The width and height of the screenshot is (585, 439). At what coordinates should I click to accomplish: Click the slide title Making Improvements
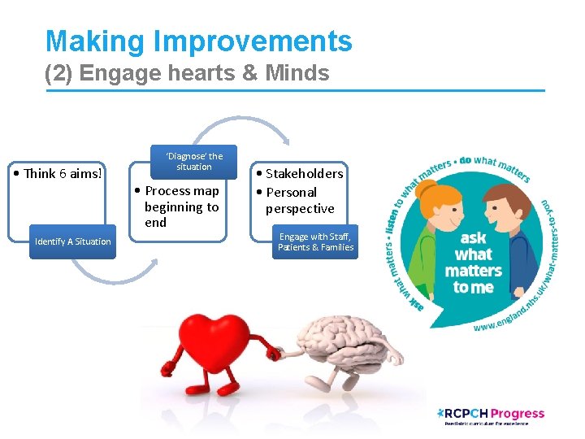pyautogui.click(x=198, y=41)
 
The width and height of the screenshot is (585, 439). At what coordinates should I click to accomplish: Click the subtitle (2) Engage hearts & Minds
pyautogui.click(x=187, y=74)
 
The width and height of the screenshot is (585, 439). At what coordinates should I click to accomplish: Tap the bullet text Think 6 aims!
pyautogui.click(x=63, y=173)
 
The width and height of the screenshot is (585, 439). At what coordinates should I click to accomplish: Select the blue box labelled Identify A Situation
pyautogui.click(x=72, y=241)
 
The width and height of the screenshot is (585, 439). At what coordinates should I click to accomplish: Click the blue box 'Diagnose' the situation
pyautogui.click(x=193, y=162)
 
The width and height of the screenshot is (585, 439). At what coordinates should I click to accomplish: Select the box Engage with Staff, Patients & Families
pyautogui.click(x=316, y=242)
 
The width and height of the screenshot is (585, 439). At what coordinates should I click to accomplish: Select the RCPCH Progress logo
pyautogui.click(x=491, y=415)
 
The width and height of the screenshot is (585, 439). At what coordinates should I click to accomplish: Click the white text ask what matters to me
pyautogui.click(x=473, y=263)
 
